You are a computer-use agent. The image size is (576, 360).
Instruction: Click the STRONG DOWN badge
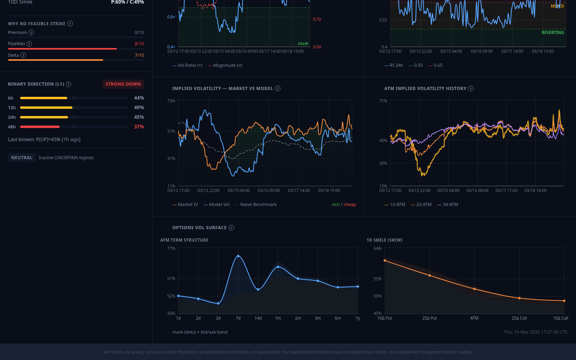(x=123, y=84)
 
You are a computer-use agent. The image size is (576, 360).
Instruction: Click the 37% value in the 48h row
(x=139, y=127)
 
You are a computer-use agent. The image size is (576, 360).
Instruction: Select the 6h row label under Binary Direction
(x=11, y=98)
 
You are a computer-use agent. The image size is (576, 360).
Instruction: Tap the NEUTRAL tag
(x=22, y=158)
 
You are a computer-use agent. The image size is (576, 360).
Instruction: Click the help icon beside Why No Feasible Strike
(x=70, y=24)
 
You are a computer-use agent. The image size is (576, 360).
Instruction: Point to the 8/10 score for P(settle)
(x=139, y=44)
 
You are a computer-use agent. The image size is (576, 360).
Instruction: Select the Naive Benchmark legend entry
(x=258, y=204)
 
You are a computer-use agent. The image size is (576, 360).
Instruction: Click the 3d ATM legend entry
(x=450, y=204)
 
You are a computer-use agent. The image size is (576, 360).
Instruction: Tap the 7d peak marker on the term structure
(x=238, y=256)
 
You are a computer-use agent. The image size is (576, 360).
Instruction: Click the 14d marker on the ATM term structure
(x=258, y=289)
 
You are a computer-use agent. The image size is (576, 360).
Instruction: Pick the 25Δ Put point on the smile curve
(x=430, y=276)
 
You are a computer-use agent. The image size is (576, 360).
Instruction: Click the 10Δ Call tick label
(x=560, y=318)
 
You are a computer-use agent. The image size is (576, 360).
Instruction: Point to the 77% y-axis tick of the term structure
(x=171, y=248)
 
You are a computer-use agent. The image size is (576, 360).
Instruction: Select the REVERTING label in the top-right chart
(x=552, y=32)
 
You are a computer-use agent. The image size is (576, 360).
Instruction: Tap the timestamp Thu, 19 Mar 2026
(x=536, y=332)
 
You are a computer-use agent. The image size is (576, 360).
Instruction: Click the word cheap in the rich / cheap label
(x=350, y=204)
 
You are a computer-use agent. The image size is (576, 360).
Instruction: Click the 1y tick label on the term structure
(x=358, y=318)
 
